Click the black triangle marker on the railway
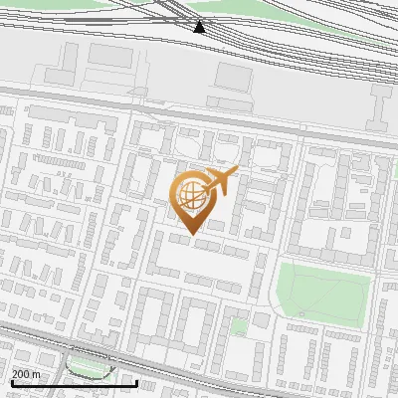point(200,27)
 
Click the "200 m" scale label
point(26,374)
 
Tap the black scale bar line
point(74,383)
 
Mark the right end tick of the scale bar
point(136,381)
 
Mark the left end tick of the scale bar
point(11,381)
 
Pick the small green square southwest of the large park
point(239,325)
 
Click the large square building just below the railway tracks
point(235,76)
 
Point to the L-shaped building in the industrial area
point(59,70)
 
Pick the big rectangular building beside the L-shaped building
point(109,72)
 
